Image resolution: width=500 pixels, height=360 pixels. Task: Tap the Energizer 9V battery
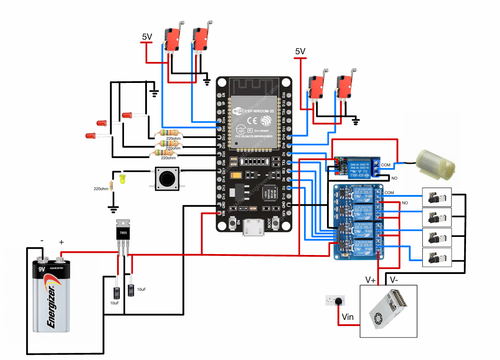click(x=52, y=296)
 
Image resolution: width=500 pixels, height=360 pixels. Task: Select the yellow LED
click(x=122, y=179)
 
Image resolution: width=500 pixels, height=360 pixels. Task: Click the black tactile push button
click(x=166, y=178)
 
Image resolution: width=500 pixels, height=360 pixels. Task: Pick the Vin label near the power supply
click(x=348, y=316)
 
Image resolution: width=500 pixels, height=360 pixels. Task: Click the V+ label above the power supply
click(x=371, y=280)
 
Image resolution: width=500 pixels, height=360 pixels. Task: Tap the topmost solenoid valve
click(x=437, y=197)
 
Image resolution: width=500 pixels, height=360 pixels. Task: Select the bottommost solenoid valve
click(x=437, y=257)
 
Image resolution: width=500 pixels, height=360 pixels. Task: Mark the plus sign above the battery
click(x=61, y=242)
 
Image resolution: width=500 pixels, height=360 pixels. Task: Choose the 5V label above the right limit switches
click(x=300, y=52)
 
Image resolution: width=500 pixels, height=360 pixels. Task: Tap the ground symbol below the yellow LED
click(x=114, y=207)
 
